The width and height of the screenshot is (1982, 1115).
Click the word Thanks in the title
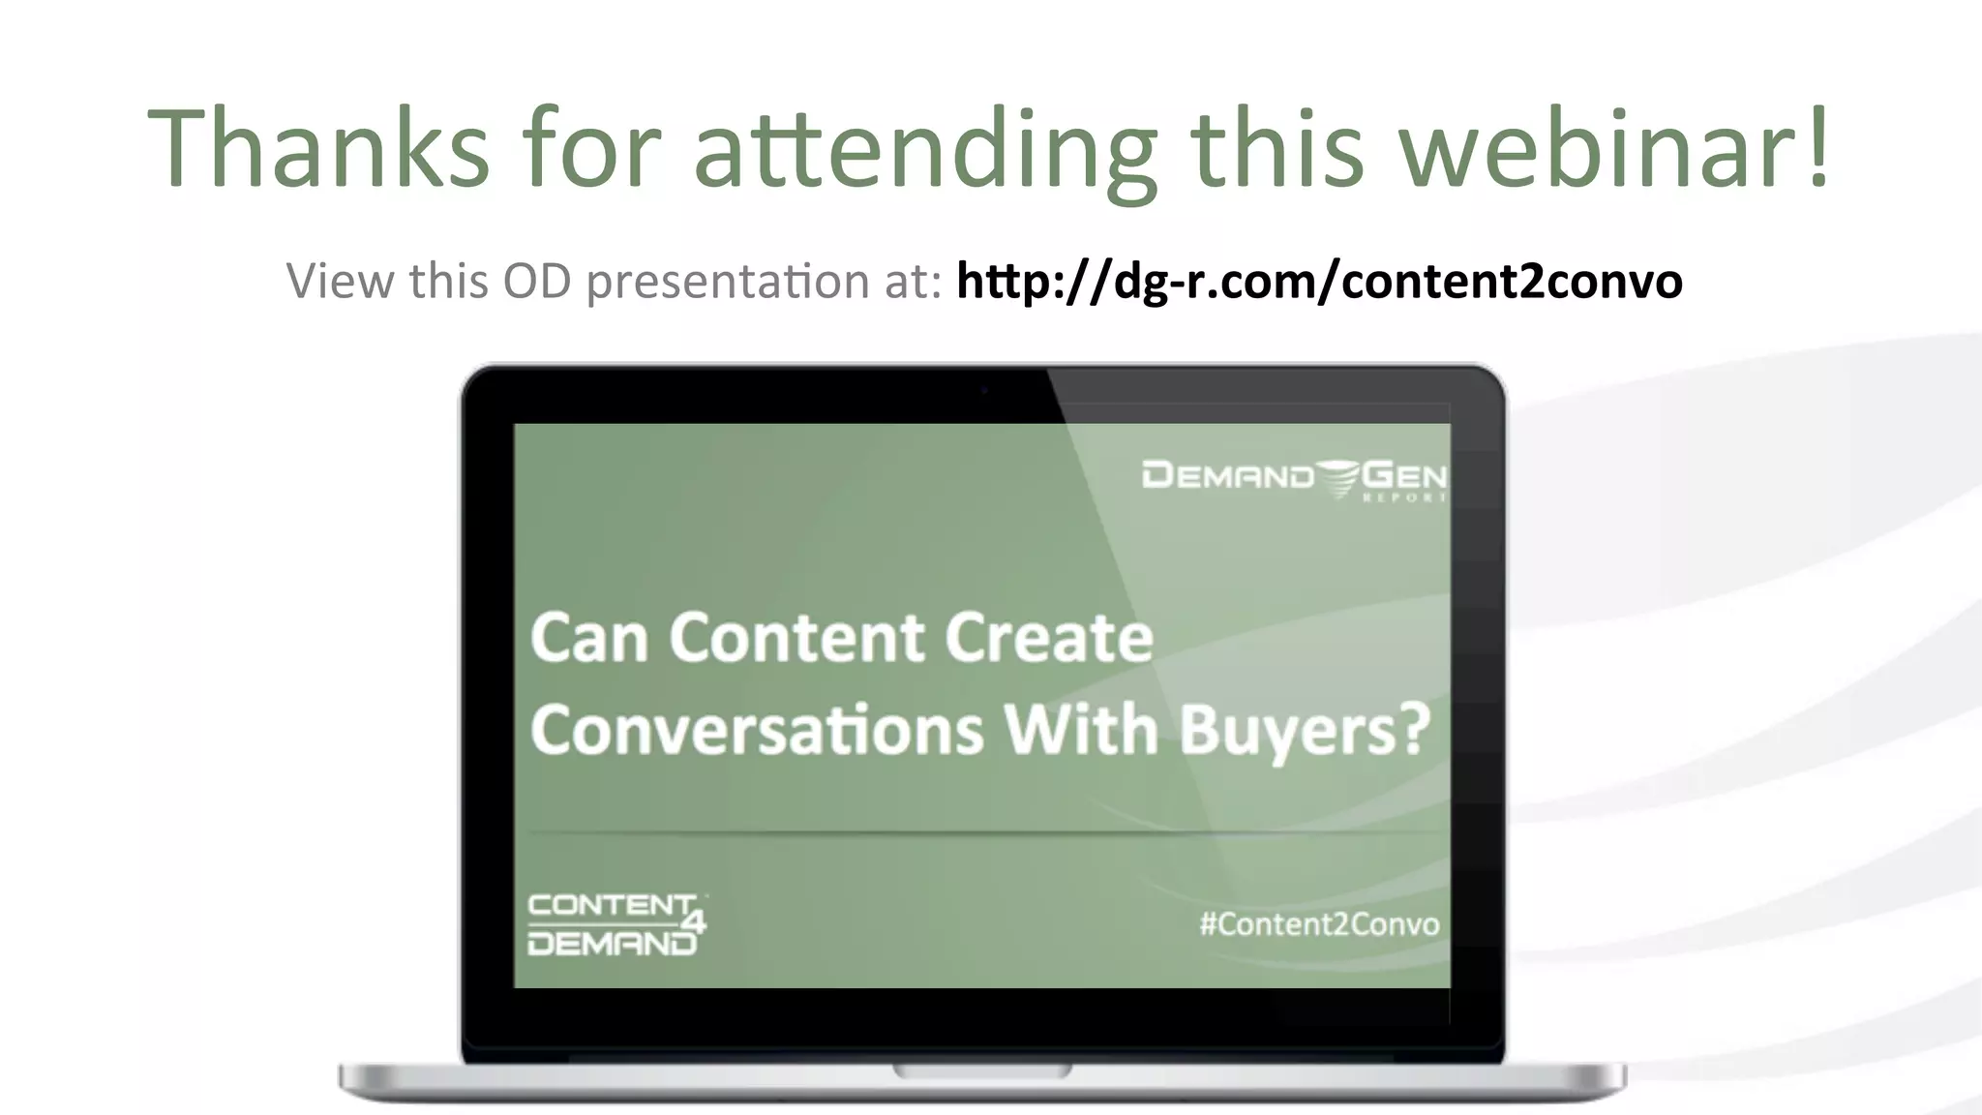point(318,147)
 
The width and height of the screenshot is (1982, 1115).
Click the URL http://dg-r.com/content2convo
point(1319,282)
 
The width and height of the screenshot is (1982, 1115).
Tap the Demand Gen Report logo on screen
point(1294,478)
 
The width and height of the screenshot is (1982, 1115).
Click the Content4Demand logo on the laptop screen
point(616,924)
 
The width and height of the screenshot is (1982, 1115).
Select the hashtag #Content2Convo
point(1319,924)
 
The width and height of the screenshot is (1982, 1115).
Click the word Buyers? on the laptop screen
point(1305,730)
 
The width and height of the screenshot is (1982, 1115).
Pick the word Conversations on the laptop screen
point(757,730)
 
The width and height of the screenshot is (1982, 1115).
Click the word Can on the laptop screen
point(588,639)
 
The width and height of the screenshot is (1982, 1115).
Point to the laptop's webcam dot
point(983,391)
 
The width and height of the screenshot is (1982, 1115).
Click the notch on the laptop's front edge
point(982,1071)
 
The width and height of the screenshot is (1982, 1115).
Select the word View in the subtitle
point(340,282)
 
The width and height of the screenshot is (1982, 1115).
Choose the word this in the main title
point(1276,147)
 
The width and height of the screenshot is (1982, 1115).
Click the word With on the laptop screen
point(1081,730)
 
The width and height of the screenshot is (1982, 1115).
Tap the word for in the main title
point(591,147)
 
